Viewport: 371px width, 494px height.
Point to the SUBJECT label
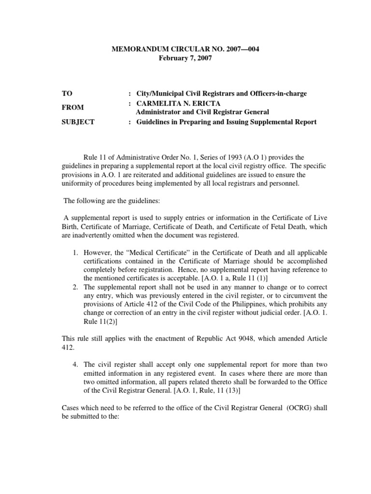(x=78, y=122)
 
